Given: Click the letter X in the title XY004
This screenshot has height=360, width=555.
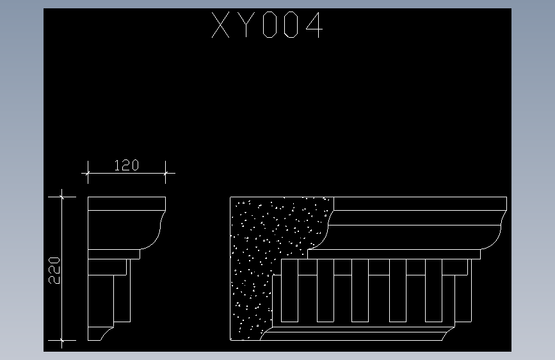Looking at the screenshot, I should pos(222,26).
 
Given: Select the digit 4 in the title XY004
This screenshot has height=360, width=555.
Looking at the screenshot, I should pos(312,26).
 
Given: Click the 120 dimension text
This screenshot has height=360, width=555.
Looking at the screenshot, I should pos(126,165).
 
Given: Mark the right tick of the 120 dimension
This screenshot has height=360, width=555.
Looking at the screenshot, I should pos(166,172).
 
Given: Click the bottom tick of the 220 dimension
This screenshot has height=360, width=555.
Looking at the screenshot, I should pos(62,340).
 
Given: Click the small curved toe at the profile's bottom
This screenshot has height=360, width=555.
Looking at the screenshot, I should pos(106,334).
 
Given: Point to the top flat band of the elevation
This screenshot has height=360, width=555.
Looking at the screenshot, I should pos(419,204).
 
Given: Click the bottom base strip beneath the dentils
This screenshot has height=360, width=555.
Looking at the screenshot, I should pos(358,334).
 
